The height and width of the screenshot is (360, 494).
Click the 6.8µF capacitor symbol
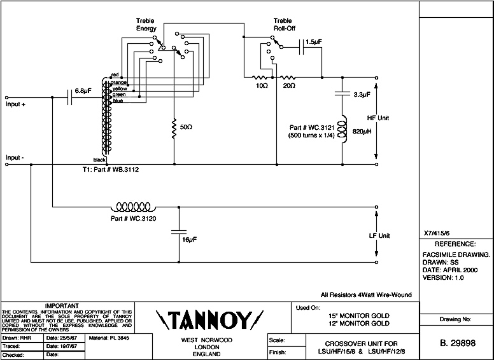(70, 97)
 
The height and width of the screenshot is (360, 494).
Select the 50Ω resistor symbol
(174, 128)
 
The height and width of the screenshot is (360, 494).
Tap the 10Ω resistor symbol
(260, 77)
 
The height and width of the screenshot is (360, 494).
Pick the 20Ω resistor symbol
(288, 77)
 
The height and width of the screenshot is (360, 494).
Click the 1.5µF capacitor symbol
(301, 47)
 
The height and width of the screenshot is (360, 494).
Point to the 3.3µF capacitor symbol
(342, 93)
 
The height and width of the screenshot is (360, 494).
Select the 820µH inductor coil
(342, 129)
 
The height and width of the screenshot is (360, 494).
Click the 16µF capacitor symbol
(179, 232)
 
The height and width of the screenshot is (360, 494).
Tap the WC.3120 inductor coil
(133, 207)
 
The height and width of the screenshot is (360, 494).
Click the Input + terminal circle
(7, 97)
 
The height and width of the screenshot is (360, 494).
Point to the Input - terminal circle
(7, 164)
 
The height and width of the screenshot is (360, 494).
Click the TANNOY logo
(209, 321)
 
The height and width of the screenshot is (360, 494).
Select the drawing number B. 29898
(458, 343)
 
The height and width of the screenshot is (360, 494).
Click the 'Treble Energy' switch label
(146, 25)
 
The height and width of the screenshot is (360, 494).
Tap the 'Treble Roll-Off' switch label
(284, 25)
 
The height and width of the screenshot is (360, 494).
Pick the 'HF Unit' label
(378, 118)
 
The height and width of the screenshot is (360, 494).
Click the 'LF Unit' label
(379, 236)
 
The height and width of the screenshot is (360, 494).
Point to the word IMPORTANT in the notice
(62, 305)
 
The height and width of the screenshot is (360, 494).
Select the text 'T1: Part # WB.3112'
(111, 170)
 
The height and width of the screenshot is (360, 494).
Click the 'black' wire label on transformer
(99, 160)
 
